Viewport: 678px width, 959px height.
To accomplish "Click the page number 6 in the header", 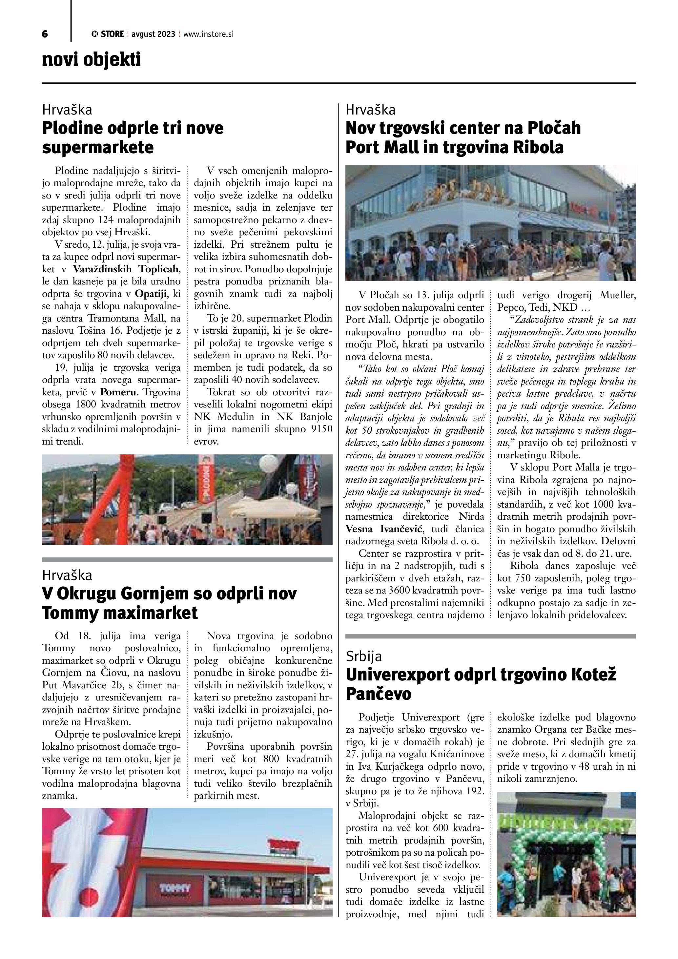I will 45,34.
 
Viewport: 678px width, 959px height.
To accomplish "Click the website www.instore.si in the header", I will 208,34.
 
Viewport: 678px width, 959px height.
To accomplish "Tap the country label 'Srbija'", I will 364,656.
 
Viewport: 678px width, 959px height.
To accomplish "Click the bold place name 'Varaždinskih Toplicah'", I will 126,269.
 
